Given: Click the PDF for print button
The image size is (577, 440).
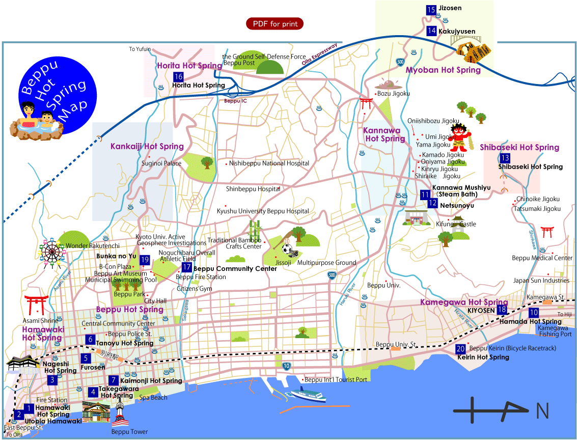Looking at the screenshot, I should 275,24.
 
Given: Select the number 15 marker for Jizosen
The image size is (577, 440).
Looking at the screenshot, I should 431,10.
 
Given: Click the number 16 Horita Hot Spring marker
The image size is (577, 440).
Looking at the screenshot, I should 178,77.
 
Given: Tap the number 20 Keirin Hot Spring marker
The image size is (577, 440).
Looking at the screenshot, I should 460,349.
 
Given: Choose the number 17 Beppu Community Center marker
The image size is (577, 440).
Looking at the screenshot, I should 187,267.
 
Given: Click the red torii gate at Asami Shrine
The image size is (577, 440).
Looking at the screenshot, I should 36,305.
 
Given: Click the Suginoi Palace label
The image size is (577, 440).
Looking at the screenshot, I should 161,164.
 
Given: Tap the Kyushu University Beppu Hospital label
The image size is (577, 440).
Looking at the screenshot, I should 263,211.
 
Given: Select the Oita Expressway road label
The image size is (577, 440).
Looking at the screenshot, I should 319,55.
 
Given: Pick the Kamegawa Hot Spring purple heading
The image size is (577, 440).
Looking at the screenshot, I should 464,302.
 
